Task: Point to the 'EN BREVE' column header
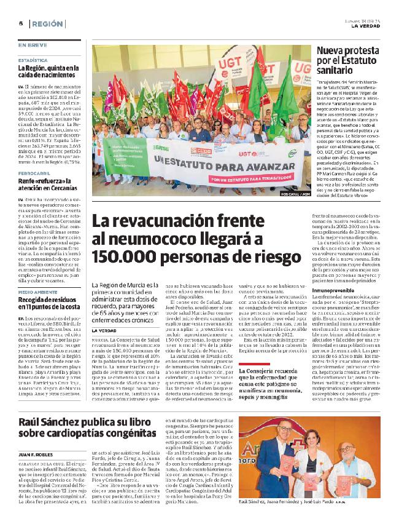pos(31,45)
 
